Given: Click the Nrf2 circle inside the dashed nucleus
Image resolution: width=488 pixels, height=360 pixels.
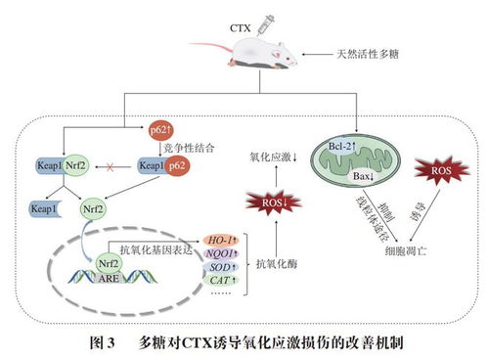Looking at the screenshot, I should [108, 261].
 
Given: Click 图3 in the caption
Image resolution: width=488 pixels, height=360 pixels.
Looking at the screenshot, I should [103, 343].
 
